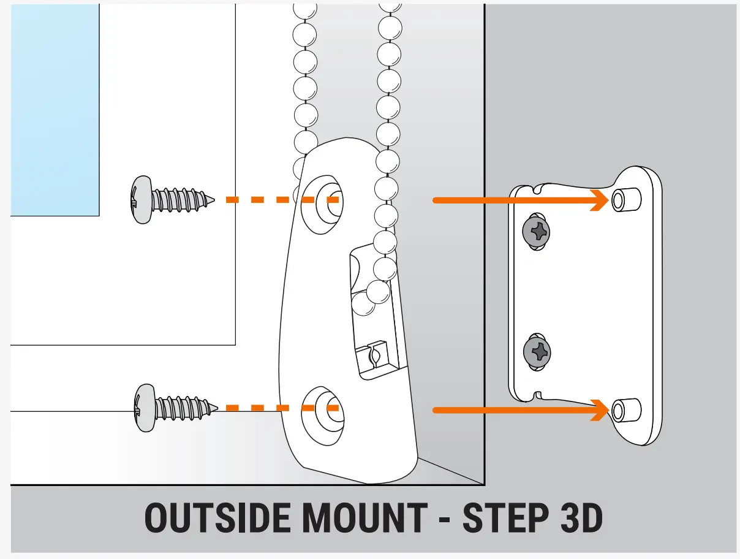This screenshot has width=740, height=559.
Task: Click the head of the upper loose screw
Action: pos(142,200)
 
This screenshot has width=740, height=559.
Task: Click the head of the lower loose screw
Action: pos(144,408)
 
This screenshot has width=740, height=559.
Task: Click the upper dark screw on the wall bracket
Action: pos(537,232)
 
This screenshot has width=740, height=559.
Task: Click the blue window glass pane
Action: pos(55,110)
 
